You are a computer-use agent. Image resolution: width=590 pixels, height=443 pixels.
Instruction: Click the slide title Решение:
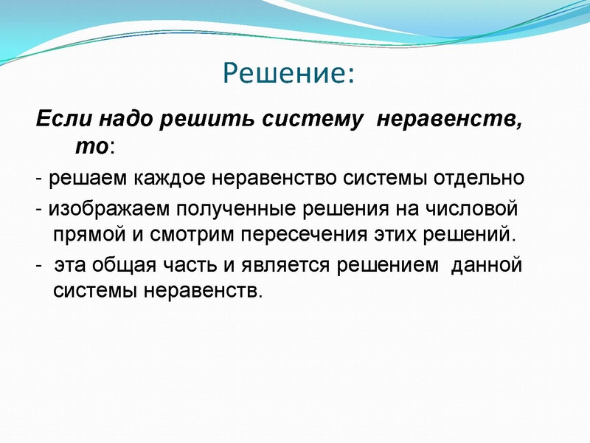coord(288,74)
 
